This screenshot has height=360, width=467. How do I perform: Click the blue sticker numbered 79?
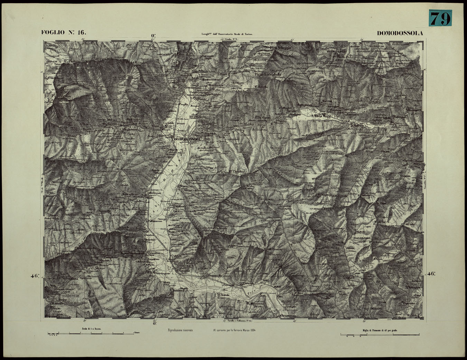[x=440, y=18]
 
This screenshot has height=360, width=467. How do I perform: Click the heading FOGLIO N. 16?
[x=63, y=33]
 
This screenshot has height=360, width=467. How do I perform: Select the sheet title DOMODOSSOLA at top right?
[x=400, y=33]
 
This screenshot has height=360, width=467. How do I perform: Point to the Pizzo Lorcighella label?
[x=268, y=74]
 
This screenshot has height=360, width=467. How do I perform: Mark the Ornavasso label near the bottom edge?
[x=288, y=315]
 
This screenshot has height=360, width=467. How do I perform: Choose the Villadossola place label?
[x=154, y=192]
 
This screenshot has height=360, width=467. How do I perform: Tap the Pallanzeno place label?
[x=155, y=221]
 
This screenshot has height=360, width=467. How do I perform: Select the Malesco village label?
[x=359, y=126]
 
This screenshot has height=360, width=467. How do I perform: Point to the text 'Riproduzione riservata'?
[x=180, y=330]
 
